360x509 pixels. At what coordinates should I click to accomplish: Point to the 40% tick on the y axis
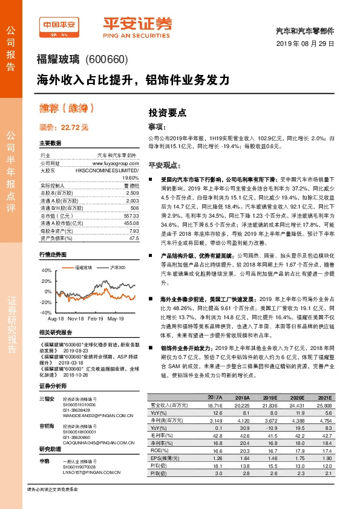tap(46, 271)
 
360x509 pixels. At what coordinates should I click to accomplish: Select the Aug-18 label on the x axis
tap(56, 317)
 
